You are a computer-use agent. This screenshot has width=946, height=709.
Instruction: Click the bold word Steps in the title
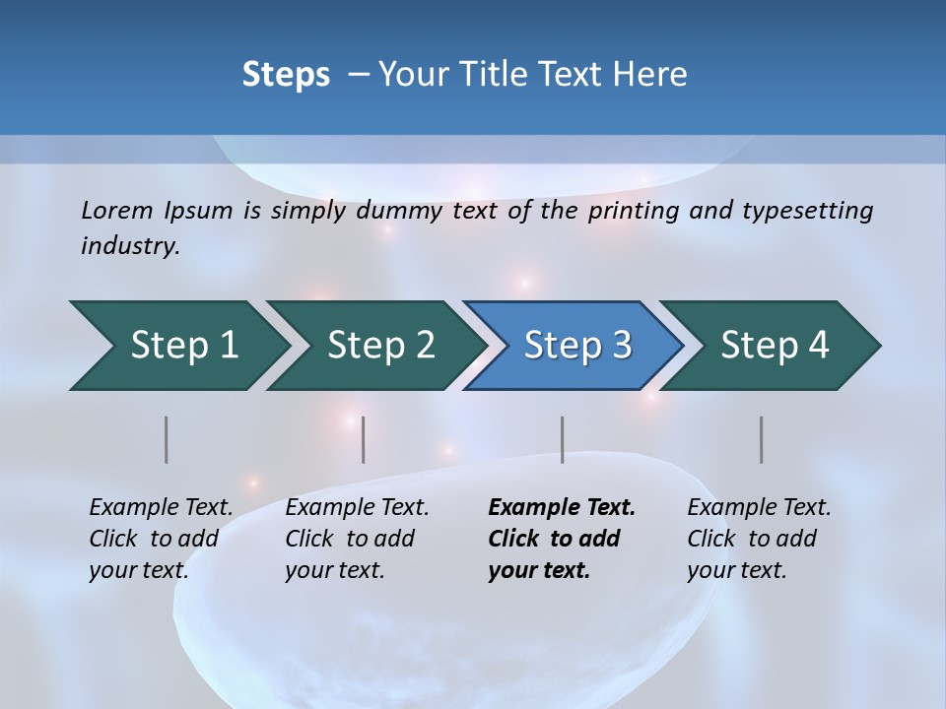286,75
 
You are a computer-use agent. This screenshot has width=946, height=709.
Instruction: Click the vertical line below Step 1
167,439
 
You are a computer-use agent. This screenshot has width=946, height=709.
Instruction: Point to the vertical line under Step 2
364,439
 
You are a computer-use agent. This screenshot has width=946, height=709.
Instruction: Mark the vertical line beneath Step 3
563,439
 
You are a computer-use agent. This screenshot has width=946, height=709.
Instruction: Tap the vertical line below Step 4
762,439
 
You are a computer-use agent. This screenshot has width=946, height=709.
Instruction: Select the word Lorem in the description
117,210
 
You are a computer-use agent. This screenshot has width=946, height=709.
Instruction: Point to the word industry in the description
130,245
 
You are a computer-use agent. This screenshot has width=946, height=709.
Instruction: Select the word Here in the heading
654,75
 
